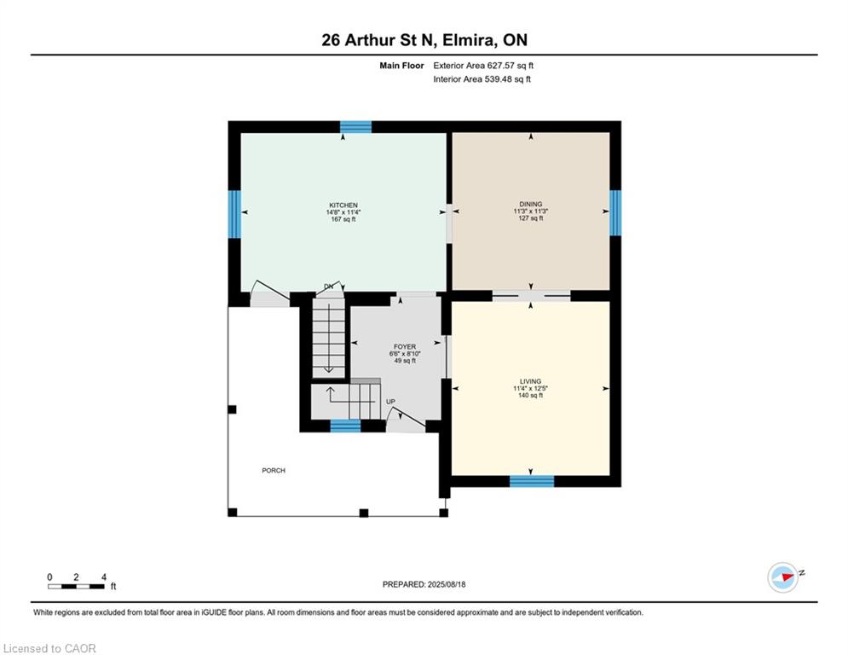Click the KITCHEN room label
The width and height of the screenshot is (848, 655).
point(343,205)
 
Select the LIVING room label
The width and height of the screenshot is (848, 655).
point(530,381)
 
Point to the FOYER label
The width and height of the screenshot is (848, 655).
point(404,347)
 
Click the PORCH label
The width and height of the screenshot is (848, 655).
point(273,471)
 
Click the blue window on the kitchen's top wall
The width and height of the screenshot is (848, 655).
point(355,127)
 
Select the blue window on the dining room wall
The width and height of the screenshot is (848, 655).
point(615,212)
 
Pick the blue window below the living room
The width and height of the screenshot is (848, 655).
point(531,481)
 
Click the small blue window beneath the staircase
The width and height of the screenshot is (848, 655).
point(345,426)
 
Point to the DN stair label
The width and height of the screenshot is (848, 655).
point(328,286)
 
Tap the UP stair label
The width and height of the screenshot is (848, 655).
point(390,401)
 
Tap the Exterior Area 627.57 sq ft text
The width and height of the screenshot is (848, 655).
point(483,65)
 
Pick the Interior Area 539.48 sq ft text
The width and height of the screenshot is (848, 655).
point(482,79)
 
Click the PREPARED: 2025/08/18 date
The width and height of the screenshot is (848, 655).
point(424,584)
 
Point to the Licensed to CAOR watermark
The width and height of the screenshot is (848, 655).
point(49,648)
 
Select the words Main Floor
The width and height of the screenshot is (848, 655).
point(401,65)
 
